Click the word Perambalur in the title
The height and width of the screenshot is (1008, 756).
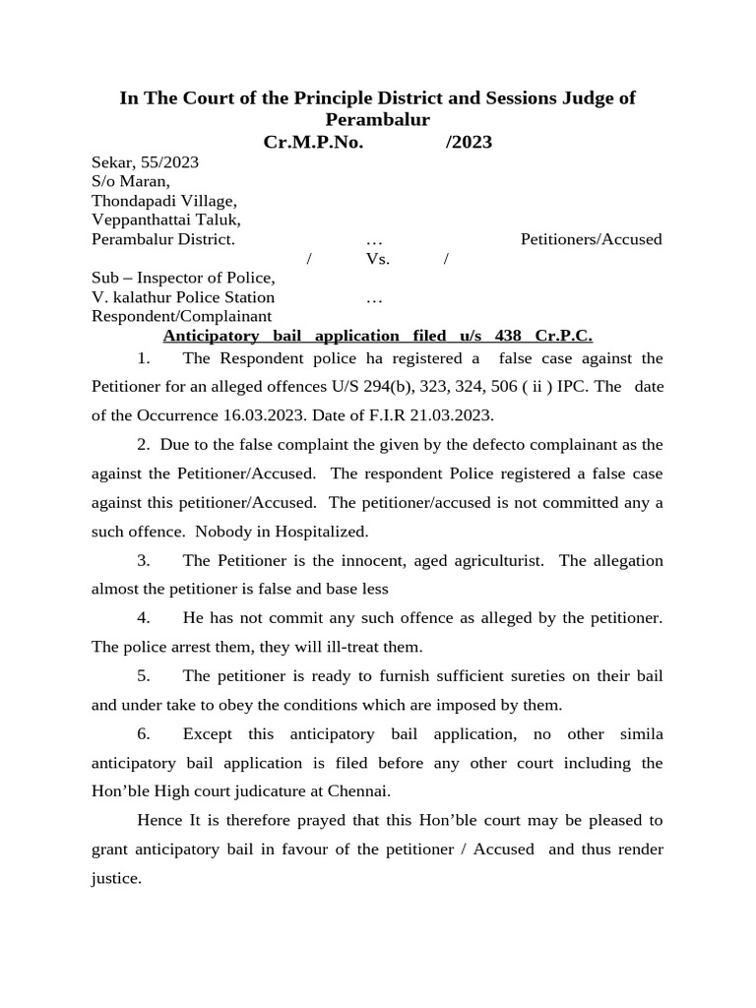[x=378, y=120]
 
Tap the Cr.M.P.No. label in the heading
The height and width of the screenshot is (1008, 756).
[x=313, y=143]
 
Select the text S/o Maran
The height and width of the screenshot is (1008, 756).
[x=131, y=181]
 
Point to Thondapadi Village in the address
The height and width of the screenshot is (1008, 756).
[x=163, y=201]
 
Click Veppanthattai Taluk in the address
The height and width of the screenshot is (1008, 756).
[x=166, y=220]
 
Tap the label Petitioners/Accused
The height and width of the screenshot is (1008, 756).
[x=591, y=239]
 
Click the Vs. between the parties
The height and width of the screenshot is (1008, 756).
[x=378, y=259]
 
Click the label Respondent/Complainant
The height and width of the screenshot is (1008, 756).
[x=181, y=316]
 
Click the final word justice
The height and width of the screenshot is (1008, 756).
[x=115, y=878]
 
